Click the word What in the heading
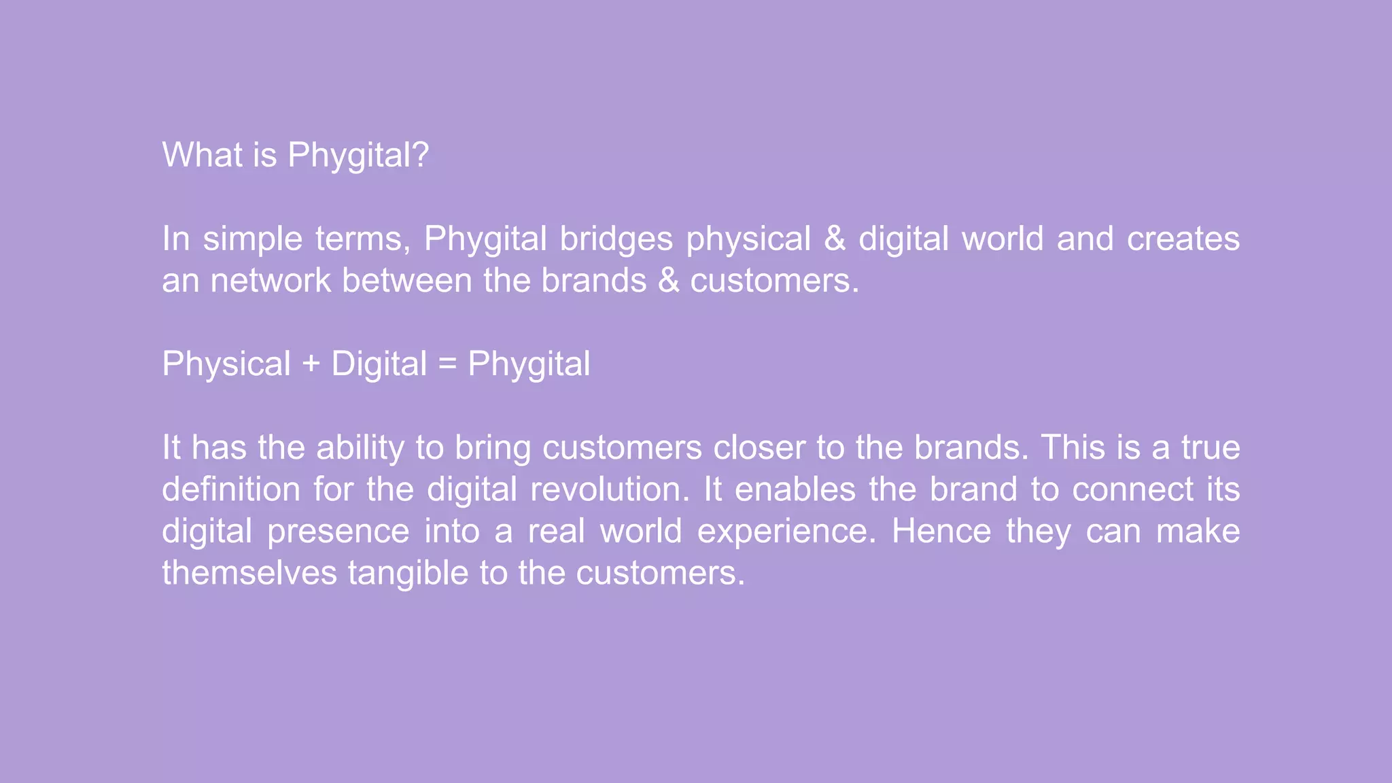[202, 155]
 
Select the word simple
[252, 239]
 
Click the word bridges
[616, 239]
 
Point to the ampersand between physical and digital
[835, 239]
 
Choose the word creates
[1183, 239]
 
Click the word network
[270, 281]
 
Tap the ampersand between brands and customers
[669, 281]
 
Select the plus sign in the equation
[311, 364]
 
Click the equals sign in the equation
[447, 364]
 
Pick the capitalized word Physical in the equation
[226, 364]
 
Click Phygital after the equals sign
[529, 365]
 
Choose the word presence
[338, 532]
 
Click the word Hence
[941, 532]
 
